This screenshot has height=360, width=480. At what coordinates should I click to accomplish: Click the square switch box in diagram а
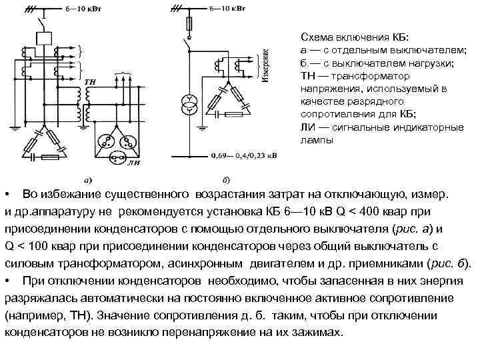click(45, 37)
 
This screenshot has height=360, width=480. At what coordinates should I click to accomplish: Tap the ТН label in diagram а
click(91, 81)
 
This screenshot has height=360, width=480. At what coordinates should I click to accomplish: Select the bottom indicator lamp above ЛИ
click(117, 157)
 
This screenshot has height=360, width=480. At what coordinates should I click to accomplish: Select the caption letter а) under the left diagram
click(87, 179)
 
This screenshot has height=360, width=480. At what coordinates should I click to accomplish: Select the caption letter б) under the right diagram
click(226, 179)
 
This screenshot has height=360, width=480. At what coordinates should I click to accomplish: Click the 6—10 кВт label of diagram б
click(227, 9)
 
